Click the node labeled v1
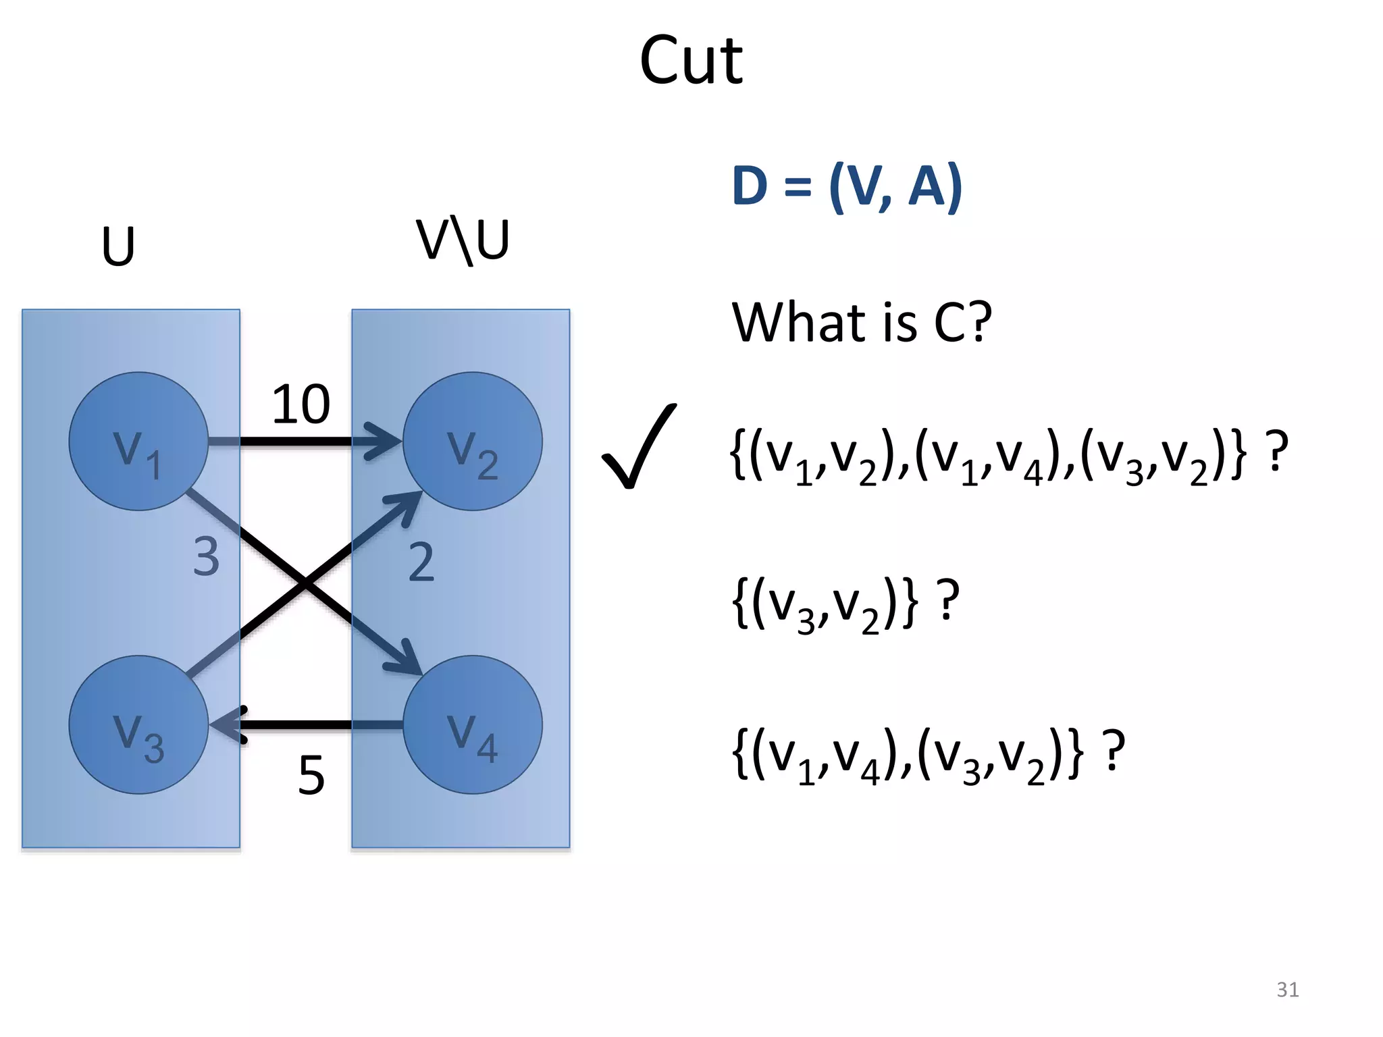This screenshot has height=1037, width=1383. pyautogui.click(x=138, y=442)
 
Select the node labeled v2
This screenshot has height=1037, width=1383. pyautogui.click(x=473, y=442)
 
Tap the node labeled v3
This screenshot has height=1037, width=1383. pyautogui.click(x=138, y=725)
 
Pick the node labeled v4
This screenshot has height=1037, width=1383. pyautogui.click(x=473, y=725)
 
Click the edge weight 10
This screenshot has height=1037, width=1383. pyautogui.click(x=301, y=405)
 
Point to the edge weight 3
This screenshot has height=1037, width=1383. pyautogui.click(x=206, y=557)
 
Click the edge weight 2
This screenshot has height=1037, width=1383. pyautogui.click(x=421, y=562)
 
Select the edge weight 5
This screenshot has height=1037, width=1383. pyautogui.click(x=311, y=776)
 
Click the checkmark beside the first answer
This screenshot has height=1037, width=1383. pyautogui.click(x=638, y=447)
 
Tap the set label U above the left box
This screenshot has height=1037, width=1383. pyautogui.click(x=118, y=246)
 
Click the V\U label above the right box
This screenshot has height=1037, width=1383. pyautogui.click(x=463, y=241)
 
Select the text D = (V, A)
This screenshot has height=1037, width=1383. pyautogui.click(x=847, y=186)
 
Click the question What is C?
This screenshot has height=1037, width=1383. pyautogui.click(x=862, y=323)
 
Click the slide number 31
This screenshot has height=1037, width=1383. pyautogui.click(x=1287, y=990)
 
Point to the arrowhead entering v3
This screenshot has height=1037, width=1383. pyautogui.click(x=228, y=725)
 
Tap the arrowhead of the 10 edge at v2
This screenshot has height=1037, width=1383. pyautogui.click(x=385, y=442)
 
